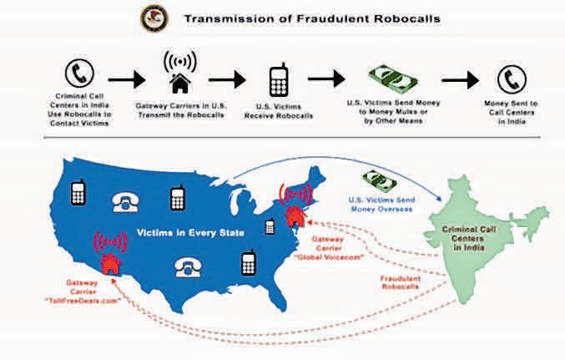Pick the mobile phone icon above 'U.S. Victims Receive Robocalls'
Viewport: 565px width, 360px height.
[x=280, y=81]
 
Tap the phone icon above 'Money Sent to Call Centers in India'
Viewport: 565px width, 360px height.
[x=510, y=80]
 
